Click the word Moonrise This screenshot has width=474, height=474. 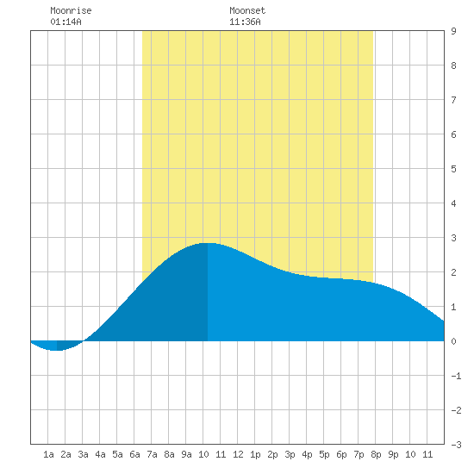click(x=71, y=10)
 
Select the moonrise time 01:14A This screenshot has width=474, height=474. click(x=65, y=22)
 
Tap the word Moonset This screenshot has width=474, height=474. click(x=247, y=10)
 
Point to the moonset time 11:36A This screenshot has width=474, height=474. click(x=245, y=22)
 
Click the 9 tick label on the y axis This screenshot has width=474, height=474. click(x=453, y=31)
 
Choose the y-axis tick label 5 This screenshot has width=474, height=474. click(x=453, y=169)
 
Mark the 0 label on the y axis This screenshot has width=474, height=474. click(x=453, y=341)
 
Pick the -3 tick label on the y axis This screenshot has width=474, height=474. click(x=456, y=445)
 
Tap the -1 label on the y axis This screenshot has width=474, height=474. click(x=456, y=376)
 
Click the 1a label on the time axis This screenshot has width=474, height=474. click(x=48, y=454)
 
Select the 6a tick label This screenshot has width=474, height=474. click(x=134, y=454)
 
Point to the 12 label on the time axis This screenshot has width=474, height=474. click(x=238, y=454)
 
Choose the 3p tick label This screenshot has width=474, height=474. click(x=290, y=454)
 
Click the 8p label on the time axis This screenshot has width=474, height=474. click(x=376, y=454)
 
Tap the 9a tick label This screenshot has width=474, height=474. click(x=186, y=454)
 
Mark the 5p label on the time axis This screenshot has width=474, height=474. click(x=324, y=454)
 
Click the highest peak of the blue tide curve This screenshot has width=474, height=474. click(x=208, y=243)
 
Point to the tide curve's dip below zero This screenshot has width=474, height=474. click(x=57, y=350)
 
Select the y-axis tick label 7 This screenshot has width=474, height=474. click(x=453, y=100)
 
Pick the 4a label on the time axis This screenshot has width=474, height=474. click(x=100, y=454)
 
